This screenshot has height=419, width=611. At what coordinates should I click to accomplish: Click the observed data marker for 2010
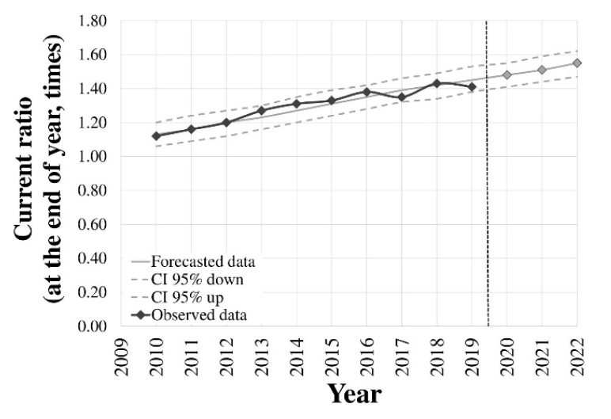point(156,136)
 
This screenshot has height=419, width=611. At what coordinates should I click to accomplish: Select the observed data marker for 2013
point(261,111)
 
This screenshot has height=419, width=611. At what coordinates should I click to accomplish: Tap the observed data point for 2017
point(401,97)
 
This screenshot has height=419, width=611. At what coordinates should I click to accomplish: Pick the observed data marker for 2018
point(436,83)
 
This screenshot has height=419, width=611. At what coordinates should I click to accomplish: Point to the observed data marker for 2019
point(472,87)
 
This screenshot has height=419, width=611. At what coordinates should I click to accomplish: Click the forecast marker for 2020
point(507,75)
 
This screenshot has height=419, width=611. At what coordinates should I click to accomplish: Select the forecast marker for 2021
point(541,70)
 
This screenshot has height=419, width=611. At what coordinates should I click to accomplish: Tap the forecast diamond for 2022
point(577,63)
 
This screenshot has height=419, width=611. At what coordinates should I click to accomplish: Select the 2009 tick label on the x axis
point(121,357)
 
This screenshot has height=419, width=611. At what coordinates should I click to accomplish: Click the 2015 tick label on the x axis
point(332,357)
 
